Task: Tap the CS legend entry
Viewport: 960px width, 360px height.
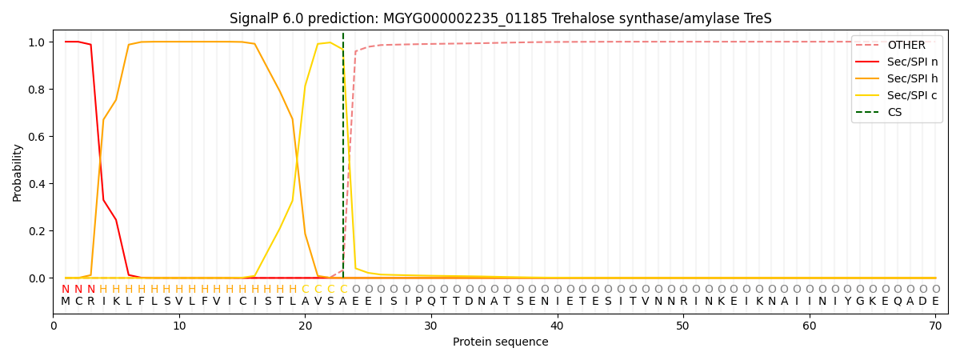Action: tap(894, 113)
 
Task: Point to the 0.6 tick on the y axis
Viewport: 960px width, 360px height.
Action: tap(38, 137)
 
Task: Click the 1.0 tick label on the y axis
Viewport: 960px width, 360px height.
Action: tap(38, 42)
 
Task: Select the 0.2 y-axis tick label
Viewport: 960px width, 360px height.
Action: tap(38, 231)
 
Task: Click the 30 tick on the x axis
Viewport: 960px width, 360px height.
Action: tap(431, 326)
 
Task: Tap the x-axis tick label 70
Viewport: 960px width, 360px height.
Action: tap(935, 326)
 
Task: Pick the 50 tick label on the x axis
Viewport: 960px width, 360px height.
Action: tap(683, 326)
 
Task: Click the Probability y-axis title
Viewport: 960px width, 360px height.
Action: tap(18, 172)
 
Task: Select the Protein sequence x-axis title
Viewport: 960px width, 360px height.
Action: tap(500, 342)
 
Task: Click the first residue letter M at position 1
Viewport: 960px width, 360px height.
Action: tap(66, 302)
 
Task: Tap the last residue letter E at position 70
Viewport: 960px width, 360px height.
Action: tap(935, 302)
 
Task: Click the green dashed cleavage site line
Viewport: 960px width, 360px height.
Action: tap(343, 160)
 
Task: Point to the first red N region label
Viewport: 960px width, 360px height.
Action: tap(66, 290)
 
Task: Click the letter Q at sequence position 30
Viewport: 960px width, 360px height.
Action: tap(431, 302)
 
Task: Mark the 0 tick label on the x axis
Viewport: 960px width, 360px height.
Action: tap(54, 326)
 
